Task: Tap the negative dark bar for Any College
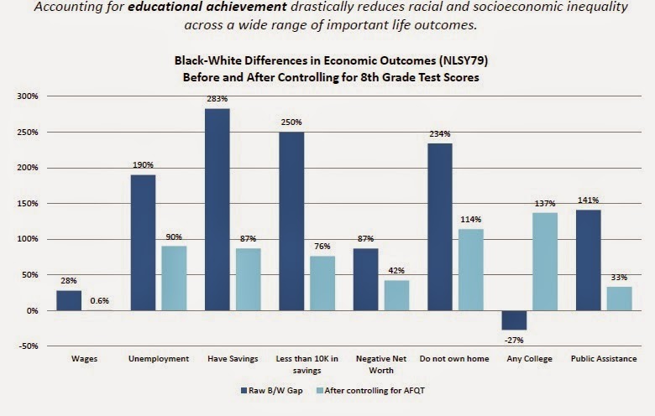click(513, 320)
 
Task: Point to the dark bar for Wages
click(69, 300)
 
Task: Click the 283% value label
click(217, 99)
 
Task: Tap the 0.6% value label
click(100, 302)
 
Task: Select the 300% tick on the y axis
click(29, 96)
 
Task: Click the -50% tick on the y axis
click(29, 346)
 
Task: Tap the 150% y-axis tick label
click(29, 204)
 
